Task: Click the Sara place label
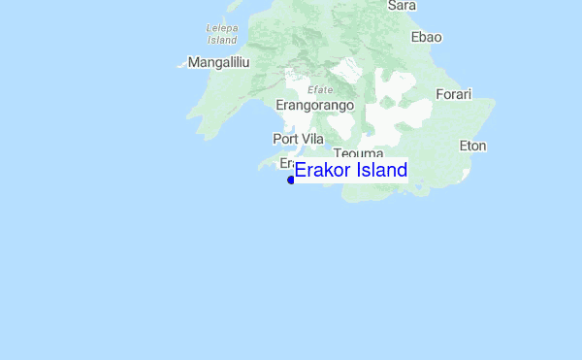[x=402, y=6]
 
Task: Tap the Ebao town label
[x=427, y=37]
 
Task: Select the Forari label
[x=453, y=94]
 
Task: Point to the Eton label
[x=472, y=147]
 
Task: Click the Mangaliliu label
[x=219, y=62]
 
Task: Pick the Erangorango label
[x=315, y=105]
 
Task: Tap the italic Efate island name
[x=320, y=89]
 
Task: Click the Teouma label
[x=359, y=153]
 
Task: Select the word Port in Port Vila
[x=286, y=139]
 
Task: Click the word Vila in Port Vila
[x=312, y=139]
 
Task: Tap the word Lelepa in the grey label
[x=222, y=28]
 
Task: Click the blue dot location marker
[x=291, y=180]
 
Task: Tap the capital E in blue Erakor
[x=301, y=171]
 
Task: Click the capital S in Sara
[x=392, y=6]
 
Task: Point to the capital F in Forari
[x=439, y=94]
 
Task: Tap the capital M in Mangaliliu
[x=194, y=62]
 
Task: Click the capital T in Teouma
[x=337, y=153]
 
